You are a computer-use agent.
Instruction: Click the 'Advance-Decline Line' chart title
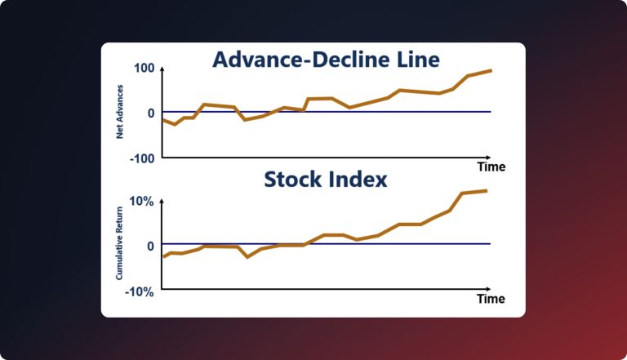click(326, 60)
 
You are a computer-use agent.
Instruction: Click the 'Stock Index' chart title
click(325, 180)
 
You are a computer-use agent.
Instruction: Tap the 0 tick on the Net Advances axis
click(149, 113)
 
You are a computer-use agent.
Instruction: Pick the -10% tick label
click(138, 289)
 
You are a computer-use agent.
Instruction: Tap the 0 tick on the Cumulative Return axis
click(149, 245)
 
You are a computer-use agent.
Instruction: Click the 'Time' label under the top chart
click(491, 167)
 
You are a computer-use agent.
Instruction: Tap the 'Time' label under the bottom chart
click(491, 299)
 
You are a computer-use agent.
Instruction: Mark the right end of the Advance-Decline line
click(491, 70)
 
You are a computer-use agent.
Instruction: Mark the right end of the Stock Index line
click(487, 190)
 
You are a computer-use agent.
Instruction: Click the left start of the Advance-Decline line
click(162, 119)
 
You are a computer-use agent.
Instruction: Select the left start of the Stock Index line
click(163, 257)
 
